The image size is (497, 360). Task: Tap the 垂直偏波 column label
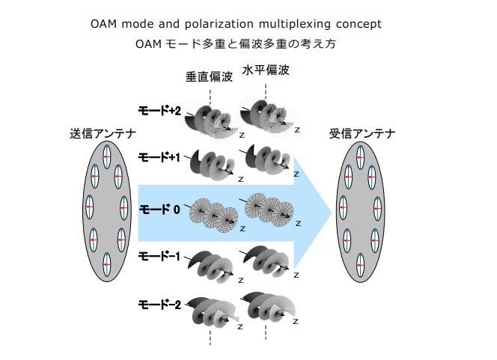(210, 77)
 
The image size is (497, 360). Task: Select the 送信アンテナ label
(103, 135)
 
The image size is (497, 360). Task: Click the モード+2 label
(160, 111)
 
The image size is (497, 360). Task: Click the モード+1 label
(160, 158)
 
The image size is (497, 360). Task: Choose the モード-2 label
(160, 305)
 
